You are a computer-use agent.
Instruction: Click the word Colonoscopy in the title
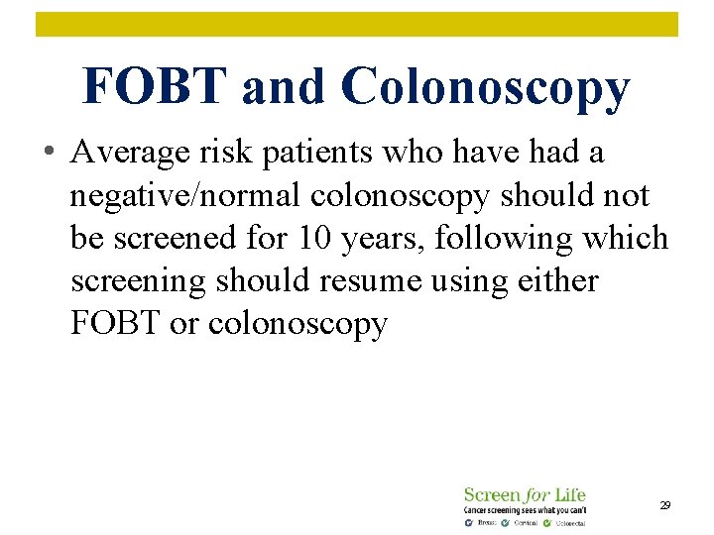point(485,88)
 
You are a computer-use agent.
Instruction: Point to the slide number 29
point(664,505)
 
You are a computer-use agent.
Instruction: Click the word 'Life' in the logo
point(567,493)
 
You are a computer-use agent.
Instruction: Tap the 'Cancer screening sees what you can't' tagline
point(525,509)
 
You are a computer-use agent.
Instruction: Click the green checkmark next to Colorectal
point(546,522)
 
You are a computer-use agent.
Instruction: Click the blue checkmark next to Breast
point(468,522)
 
